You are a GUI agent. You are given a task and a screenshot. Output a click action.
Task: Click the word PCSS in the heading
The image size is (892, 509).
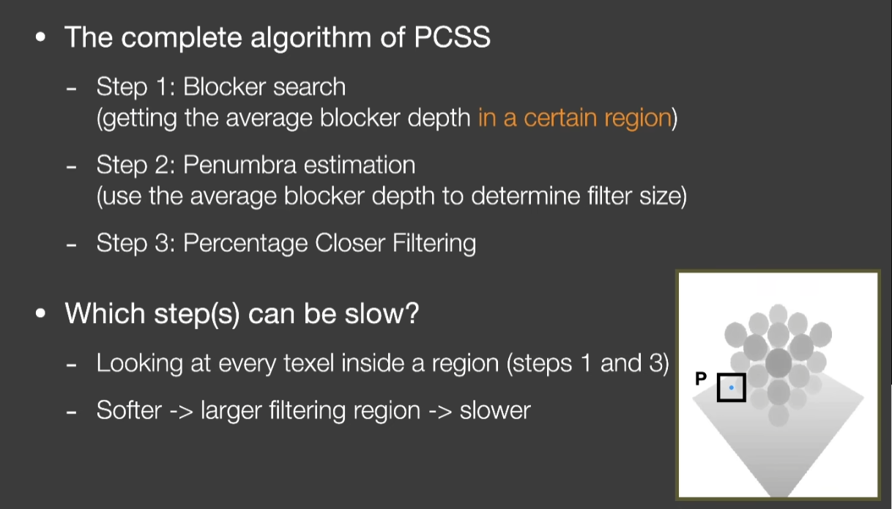(x=452, y=37)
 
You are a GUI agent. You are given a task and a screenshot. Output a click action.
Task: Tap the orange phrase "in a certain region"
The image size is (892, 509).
(x=575, y=118)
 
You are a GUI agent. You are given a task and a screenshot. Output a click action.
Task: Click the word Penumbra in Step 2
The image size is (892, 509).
(x=239, y=165)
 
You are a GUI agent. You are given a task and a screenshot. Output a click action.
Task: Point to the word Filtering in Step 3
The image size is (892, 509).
(x=434, y=243)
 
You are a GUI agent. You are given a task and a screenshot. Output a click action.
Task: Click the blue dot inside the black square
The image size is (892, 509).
(x=731, y=387)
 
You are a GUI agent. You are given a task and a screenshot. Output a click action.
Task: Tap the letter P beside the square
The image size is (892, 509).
(x=701, y=378)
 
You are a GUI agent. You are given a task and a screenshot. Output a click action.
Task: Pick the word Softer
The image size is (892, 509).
(x=130, y=410)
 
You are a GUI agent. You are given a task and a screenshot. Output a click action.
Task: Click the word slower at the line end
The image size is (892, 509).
(x=495, y=410)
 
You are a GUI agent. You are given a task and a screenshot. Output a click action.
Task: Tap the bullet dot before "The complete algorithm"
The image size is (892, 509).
(x=40, y=37)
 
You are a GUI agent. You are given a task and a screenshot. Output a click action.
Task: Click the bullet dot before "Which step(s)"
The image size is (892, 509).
(x=40, y=313)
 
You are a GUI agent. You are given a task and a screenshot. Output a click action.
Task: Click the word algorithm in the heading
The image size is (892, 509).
(x=311, y=38)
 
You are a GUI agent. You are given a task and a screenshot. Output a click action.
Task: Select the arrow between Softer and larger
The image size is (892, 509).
(x=181, y=411)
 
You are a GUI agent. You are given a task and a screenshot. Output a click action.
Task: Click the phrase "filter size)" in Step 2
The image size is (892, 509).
(x=636, y=196)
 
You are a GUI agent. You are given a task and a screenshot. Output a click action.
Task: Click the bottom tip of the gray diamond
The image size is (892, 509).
(x=778, y=497)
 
